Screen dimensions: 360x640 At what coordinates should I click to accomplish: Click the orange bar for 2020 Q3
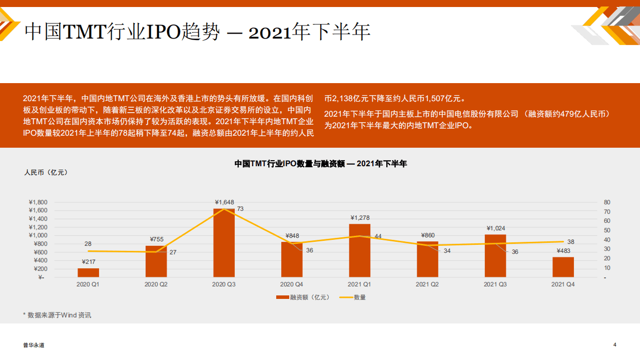[x=224, y=243]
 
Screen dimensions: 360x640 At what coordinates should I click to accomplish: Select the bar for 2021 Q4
[x=563, y=267]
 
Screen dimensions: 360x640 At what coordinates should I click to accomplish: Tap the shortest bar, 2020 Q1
[x=88, y=272]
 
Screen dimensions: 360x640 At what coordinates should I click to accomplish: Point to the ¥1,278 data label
[x=360, y=218]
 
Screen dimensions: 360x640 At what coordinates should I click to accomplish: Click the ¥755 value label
[x=157, y=239]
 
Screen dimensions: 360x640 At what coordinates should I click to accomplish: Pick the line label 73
[x=240, y=209]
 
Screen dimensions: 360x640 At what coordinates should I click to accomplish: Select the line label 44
[x=378, y=236]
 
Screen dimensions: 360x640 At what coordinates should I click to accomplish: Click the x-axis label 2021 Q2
[x=427, y=284]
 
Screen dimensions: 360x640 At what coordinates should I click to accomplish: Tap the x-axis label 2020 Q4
[x=292, y=284]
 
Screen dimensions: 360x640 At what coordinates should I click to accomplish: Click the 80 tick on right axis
[x=607, y=202]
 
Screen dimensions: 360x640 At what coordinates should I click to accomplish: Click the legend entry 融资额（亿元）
[x=303, y=297]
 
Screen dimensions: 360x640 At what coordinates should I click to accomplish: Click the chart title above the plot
[x=321, y=164]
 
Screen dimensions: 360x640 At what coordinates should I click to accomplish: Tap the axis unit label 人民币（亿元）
[x=46, y=173]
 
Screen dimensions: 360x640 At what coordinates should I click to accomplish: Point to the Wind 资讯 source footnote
[x=57, y=315]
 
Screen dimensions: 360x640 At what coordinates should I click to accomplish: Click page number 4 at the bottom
[x=615, y=344]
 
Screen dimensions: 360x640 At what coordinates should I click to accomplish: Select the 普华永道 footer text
[x=34, y=345]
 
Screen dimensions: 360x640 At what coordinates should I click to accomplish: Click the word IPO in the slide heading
[x=163, y=32]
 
